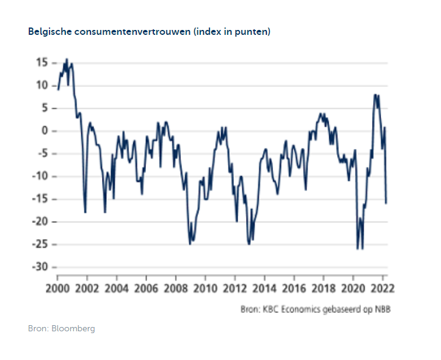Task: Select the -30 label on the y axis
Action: (x=40, y=267)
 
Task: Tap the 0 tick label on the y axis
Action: (x=45, y=131)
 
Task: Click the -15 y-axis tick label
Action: (x=40, y=199)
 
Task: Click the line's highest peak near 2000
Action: (x=67, y=59)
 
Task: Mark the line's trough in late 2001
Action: (x=85, y=212)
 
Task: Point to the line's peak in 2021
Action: (x=376, y=95)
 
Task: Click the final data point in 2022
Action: (x=386, y=203)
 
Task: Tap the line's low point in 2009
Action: (x=190, y=244)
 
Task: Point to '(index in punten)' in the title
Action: (x=231, y=32)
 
